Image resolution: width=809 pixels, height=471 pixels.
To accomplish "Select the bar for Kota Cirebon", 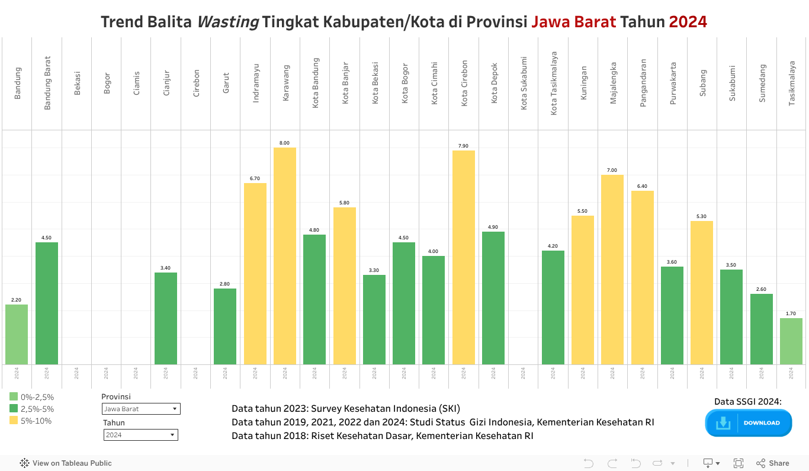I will pyautogui.click(x=464, y=257).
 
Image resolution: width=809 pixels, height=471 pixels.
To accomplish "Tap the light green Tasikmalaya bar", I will pyautogui.click(x=791, y=341).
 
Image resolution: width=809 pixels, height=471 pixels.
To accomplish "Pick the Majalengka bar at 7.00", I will pyautogui.click(x=612, y=270).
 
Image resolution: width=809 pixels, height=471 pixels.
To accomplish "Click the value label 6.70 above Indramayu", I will pyautogui.click(x=255, y=178).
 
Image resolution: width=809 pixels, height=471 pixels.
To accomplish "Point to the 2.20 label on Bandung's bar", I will pyautogui.click(x=17, y=300).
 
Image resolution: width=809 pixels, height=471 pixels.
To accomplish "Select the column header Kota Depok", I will pyautogui.click(x=494, y=82).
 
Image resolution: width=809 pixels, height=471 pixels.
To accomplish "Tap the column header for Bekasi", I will pyautogui.click(x=77, y=83).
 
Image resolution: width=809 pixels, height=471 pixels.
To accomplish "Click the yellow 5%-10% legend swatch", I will pyautogui.click(x=14, y=421).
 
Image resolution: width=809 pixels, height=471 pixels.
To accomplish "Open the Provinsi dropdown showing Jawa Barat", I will pyautogui.click(x=141, y=409).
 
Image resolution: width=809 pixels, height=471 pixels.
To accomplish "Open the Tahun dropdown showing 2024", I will pyautogui.click(x=140, y=435).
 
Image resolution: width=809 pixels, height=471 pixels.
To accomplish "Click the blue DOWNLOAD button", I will pyautogui.click(x=749, y=423).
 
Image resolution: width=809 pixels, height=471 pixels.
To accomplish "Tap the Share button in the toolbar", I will pyautogui.click(x=773, y=463).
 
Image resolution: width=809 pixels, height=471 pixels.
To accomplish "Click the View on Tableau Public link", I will pyautogui.click(x=66, y=463).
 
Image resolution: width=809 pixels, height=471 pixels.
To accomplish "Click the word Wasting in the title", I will pyautogui.click(x=227, y=22).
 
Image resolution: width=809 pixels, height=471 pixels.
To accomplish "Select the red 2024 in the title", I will pyautogui.click(x=688, y=22).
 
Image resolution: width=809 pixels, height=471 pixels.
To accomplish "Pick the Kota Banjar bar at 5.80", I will pyautogui.click(x=345, y=286).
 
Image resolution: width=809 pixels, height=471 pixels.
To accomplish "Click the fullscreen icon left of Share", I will pyautogui.click(x=739, y=463).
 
